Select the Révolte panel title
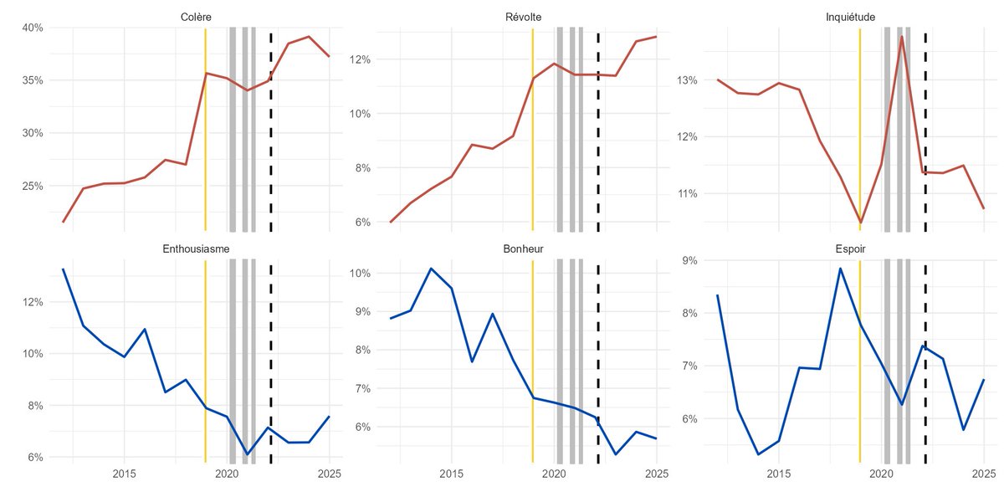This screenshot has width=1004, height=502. (x=523, y=18)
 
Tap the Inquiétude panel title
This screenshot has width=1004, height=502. (x=850, y=18)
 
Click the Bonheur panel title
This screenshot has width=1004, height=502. (x=523, y=249)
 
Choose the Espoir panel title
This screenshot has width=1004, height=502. (x=850, y=249)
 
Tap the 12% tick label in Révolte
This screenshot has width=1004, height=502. (x=360, y=59)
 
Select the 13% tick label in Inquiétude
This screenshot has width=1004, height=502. (x=688, y=80)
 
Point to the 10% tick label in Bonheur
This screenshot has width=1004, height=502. (x=360, y=273)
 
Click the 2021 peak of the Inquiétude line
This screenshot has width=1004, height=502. (x=902, y=37)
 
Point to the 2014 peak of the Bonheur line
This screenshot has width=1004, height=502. (x=431, y=269)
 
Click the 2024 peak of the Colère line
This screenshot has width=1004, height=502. (x=309, y=37)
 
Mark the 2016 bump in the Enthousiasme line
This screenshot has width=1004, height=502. (x=145, y=329)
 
